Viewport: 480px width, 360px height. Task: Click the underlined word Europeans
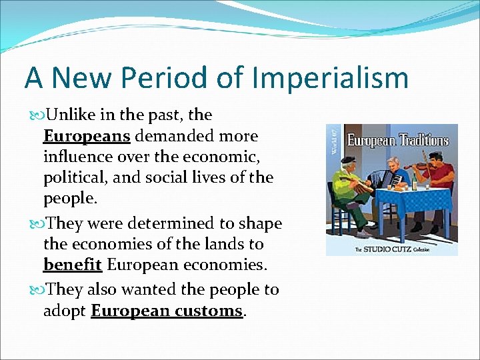(86, 136)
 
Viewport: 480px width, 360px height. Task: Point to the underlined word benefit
(72, 265)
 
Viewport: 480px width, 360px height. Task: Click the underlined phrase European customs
(167, 311)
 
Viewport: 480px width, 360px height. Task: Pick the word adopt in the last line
(65, 311)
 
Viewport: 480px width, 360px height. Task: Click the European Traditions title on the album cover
(399, 141)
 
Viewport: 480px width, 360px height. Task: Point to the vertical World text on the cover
(334, 142)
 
